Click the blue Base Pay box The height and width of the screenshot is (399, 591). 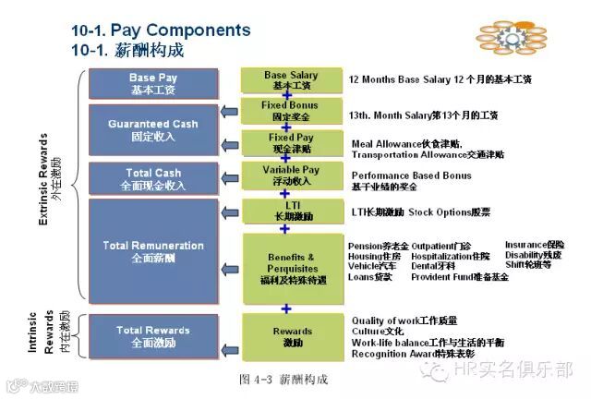coord(154,83)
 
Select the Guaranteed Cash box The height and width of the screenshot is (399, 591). coord(152,129)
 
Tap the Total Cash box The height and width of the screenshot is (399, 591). coord(152,178)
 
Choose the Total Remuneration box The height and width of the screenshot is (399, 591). coord(153,251)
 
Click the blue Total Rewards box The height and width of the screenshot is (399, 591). coord(153,335)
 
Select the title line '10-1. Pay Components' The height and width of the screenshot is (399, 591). coord(161,30)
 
